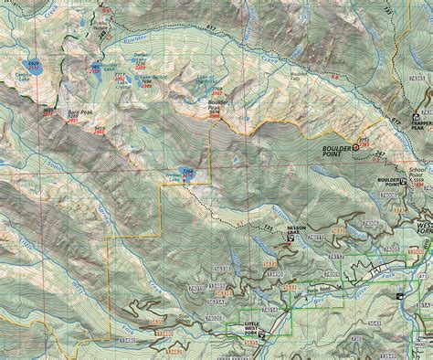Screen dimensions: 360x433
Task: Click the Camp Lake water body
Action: [34, 66]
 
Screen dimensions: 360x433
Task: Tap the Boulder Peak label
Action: [215, 107]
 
